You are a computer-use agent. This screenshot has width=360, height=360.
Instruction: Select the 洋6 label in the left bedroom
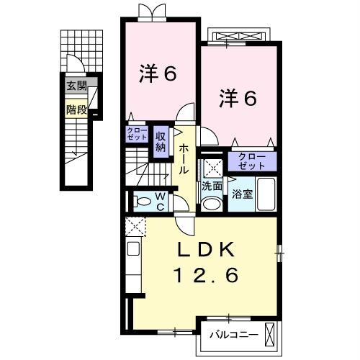tap(158, 73)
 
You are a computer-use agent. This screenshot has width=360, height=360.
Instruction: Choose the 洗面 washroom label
tap(212, 186)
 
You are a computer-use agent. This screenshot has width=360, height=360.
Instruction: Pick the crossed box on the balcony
tap(270, 333)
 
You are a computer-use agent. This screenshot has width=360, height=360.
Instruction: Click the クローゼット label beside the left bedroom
tap(137, 133)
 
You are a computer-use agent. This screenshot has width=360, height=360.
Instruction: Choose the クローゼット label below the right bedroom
tap(252, 161)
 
